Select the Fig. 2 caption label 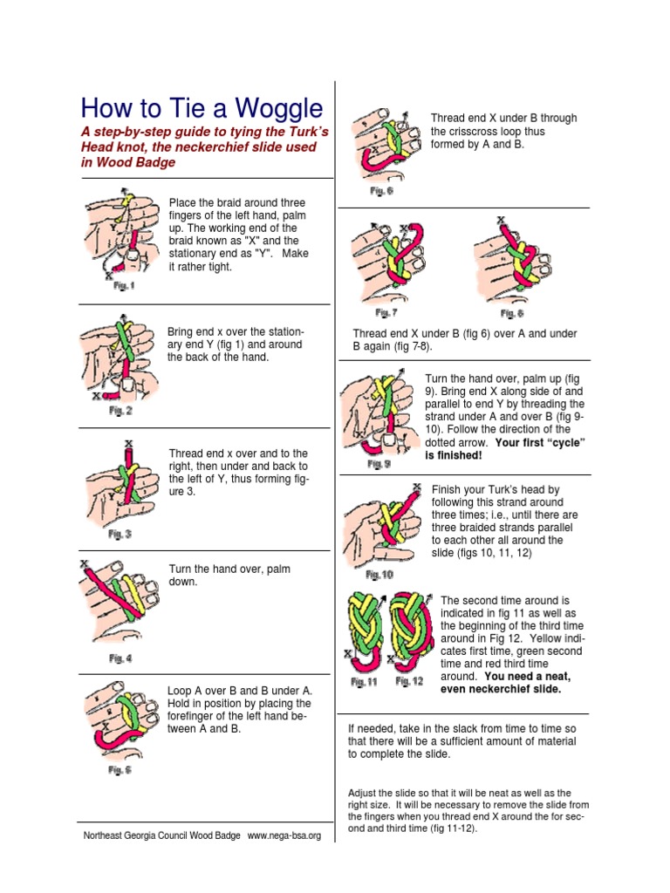(120, 410)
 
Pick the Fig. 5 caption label (120, 770)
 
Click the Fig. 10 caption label (379, 575)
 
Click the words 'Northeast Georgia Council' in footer (135, 835)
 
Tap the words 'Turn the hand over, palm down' (229, 575)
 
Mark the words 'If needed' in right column (368, 729)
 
